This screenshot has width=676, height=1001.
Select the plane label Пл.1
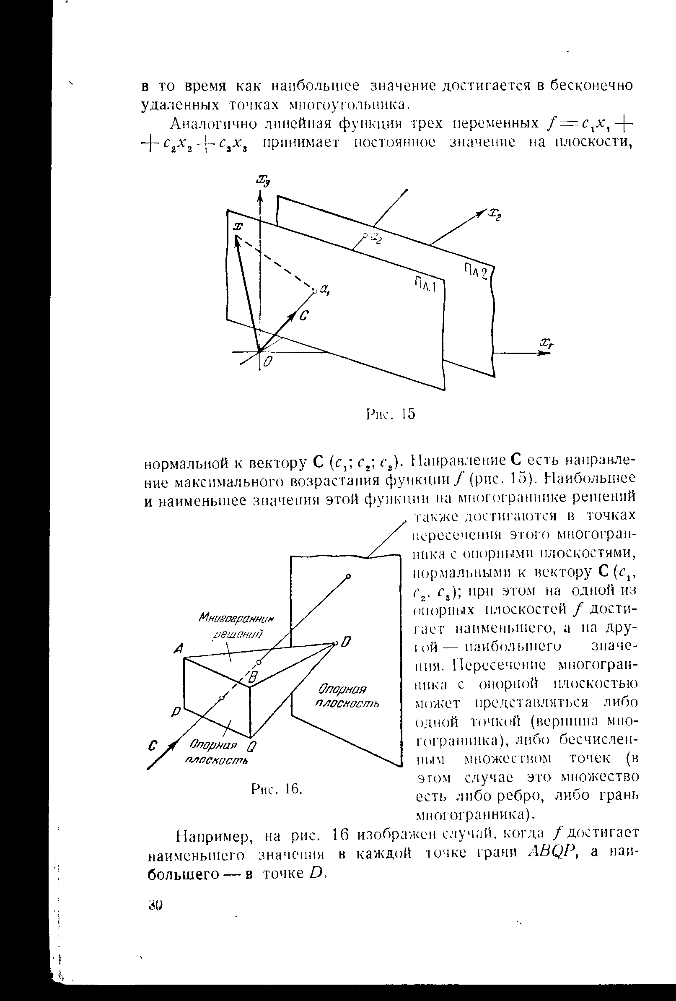[x=425, y=285]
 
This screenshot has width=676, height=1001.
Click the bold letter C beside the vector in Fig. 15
[x=303, y=317]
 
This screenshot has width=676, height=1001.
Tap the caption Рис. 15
[x=391, y=414]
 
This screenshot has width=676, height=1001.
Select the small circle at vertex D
[x=335, y=643]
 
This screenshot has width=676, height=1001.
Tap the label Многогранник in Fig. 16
[x=236, y=619]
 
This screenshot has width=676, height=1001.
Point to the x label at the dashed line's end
[x=237, y=226]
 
